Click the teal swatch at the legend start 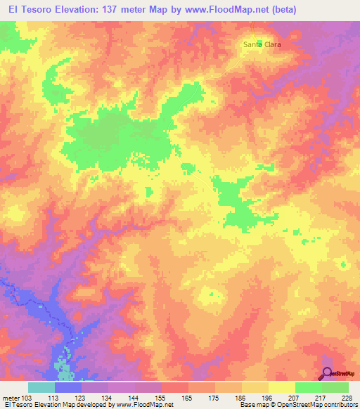coord(41,387)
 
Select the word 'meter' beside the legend coord(10,398)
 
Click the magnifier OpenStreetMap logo coord(328,373)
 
